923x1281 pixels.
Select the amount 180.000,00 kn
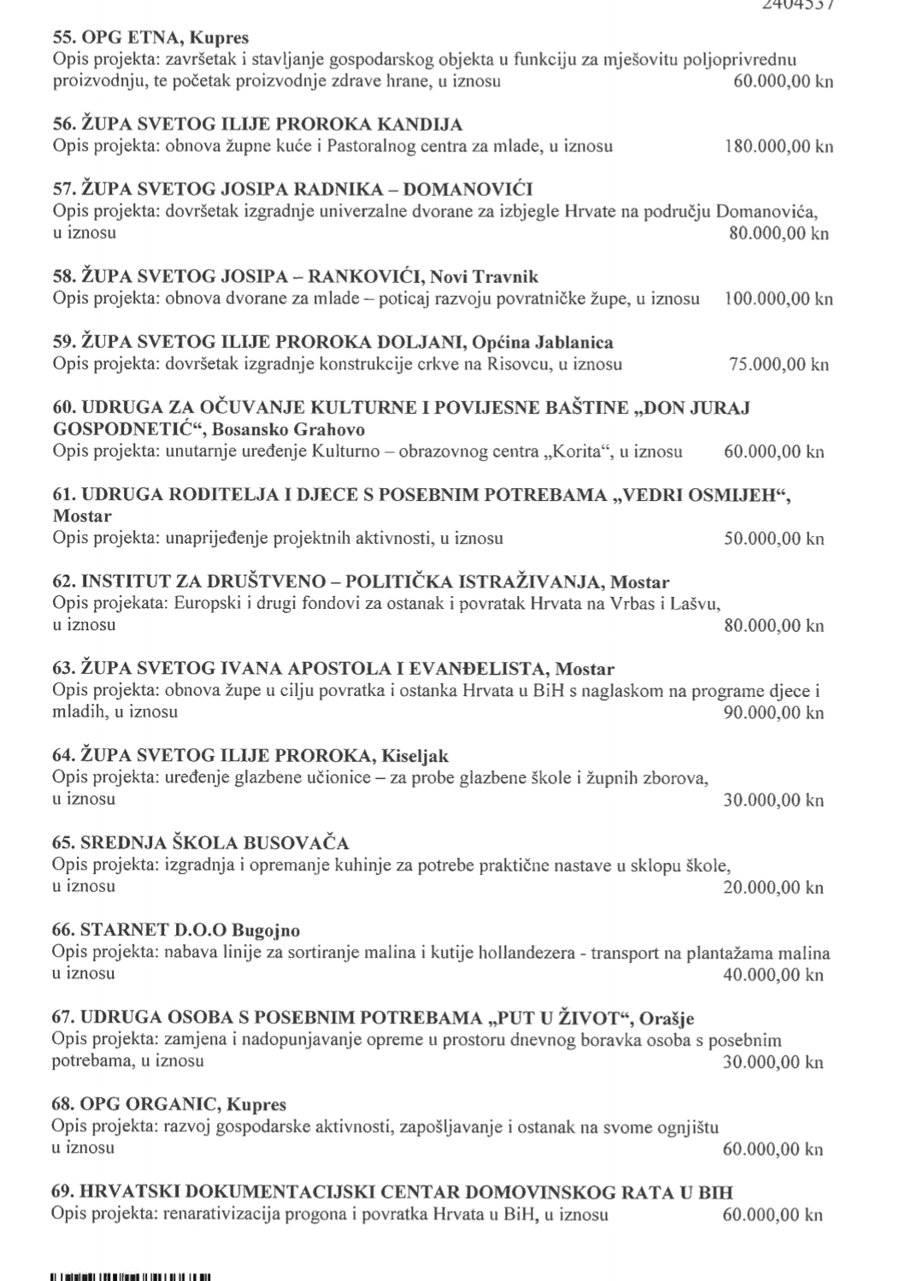tap(779, 146)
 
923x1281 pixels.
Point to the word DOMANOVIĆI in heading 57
tap(467, 190)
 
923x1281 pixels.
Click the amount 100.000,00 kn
tap(778, 298)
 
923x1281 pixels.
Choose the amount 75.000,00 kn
tap(779, 364)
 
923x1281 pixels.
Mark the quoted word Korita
tap(579, 452)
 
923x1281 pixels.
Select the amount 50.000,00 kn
tap(773, 539)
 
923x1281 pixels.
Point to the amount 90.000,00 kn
tap(773, 712)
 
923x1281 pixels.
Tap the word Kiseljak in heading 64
tap(414, 756)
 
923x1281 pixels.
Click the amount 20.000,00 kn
tap(773, 887)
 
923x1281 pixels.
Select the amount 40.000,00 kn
tap(773, 974)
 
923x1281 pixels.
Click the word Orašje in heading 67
tap(666, 1018)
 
